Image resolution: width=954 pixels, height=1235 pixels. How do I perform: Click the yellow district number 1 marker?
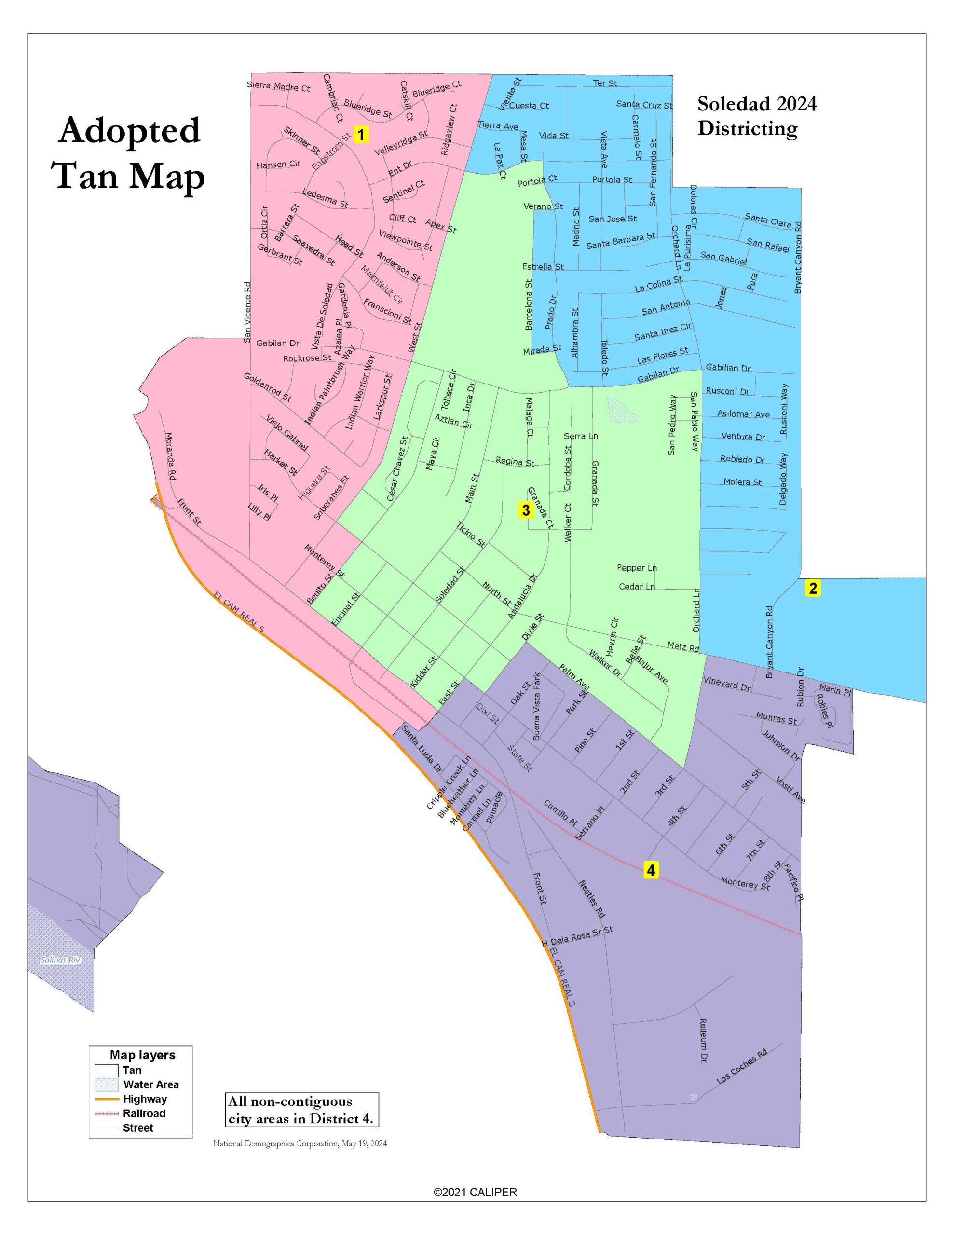361,135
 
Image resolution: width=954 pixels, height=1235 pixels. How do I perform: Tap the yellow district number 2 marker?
813,589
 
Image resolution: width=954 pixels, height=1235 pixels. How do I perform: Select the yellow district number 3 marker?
525,510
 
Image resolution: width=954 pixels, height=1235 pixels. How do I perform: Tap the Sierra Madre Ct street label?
278,86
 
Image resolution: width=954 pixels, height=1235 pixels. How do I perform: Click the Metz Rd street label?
683,646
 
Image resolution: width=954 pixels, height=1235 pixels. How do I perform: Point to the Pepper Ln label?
637,568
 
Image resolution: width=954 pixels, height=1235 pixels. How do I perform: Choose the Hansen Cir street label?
278,165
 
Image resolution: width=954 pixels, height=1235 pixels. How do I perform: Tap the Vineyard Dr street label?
727,684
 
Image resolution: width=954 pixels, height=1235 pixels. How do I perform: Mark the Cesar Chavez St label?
397,469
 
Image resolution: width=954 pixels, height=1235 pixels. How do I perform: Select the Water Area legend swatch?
106,1084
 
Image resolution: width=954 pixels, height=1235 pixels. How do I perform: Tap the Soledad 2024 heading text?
757,104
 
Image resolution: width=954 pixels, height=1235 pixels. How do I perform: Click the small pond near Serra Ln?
622,410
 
